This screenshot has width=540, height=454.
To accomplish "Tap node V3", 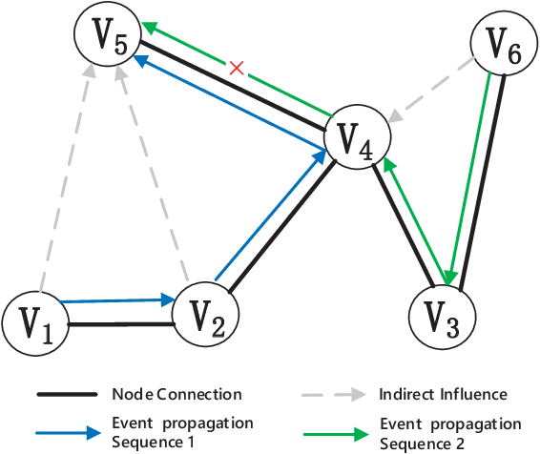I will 441,316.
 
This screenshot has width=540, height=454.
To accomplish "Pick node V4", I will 357,139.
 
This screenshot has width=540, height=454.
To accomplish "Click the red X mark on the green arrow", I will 238,68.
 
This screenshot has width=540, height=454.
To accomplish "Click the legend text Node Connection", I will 177,394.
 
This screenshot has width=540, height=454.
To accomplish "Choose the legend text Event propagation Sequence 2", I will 450,431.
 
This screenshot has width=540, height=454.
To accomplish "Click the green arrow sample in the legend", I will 334,432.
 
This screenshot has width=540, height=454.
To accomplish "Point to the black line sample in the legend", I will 67,394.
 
